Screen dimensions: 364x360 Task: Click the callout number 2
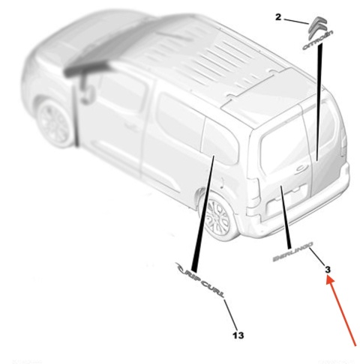[278, 16]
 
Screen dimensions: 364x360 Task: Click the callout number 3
[328, 267]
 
